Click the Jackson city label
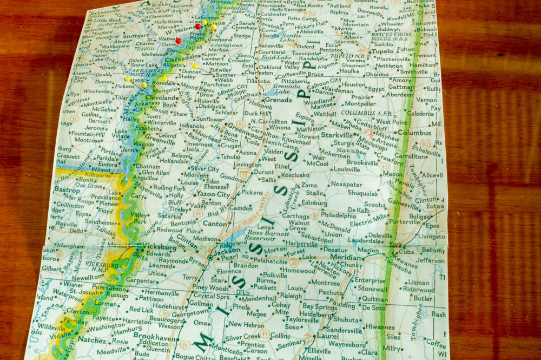click(x=227, y=252)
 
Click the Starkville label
click(x=336, y=135)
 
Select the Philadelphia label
click(x=338, y=215)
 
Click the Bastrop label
click(x=67, y=190)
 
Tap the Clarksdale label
click(x=181, y=60)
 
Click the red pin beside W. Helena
click(x=197, y=26)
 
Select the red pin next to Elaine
click(x=178, y=41)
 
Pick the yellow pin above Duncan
click(x=195, y=67)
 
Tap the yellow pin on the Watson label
click(x=128, y=79)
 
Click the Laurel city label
click(x=328, y=336)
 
